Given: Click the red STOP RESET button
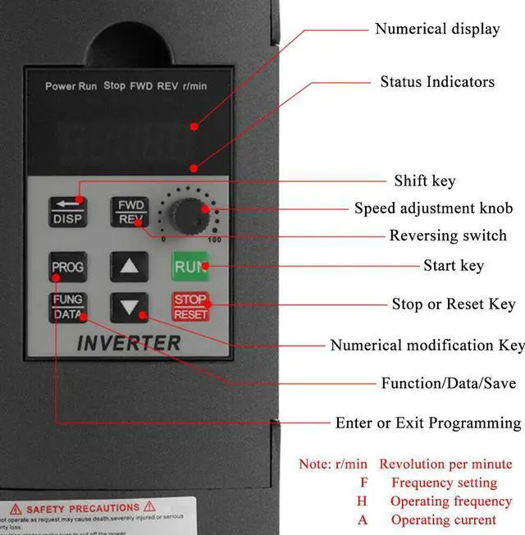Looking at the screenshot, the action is [x=190, y=307].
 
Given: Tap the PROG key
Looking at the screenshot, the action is [x=67, y=267].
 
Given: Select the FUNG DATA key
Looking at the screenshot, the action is [x=67, y=307].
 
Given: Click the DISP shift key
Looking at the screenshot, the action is [x=67, y=211].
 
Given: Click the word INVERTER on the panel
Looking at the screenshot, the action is [x=128, y=343].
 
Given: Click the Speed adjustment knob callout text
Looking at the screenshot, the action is [x=433, y=208].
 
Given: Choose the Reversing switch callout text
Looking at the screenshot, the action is [x=448, y=235].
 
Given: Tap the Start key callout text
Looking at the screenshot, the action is [x=454, y=265].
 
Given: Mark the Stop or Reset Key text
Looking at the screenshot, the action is [x=454, y=304].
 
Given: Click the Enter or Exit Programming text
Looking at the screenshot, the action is [x=427, y=423].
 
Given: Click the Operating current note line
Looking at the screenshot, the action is [x=443, y=519].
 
